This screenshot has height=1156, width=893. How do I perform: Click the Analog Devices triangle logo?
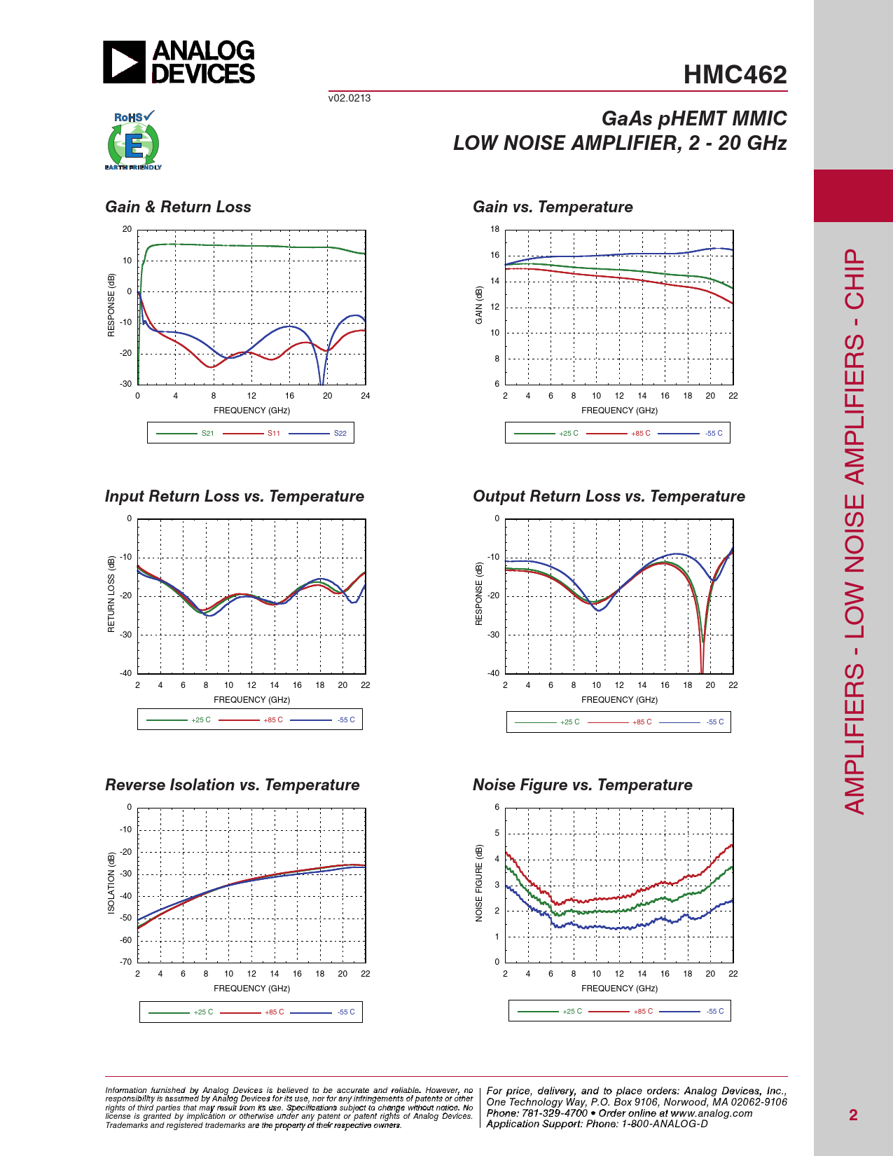click(x=125, y=62)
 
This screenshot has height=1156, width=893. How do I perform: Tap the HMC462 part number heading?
click(x=735, y=75)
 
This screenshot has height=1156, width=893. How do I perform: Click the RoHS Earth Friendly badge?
click(x=133, y=141)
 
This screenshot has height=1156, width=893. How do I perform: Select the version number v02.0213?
click(x=349, y=98)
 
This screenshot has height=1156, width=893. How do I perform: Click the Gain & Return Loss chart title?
click(x=178, y=207)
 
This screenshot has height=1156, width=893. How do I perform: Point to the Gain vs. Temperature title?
click(x=553, y=207)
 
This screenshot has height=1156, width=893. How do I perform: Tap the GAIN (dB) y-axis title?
click(x=479, y=305)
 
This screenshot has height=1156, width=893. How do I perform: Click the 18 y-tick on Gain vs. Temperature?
click(x=495, y=229)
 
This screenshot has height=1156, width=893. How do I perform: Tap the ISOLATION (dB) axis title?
click(x=111, y=883)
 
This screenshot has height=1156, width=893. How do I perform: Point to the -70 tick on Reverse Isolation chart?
click(x=126, y=962)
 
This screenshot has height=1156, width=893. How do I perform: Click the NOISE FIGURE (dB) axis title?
click(x=479, y=883)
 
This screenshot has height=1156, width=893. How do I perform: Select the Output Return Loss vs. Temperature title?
click(x=609, y=496)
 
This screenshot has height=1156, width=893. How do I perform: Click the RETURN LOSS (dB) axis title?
click(x=111, y=594)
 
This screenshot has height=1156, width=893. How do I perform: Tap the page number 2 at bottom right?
click(x=853, y=1115)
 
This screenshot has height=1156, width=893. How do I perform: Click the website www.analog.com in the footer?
click(x=712, y=1113)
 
